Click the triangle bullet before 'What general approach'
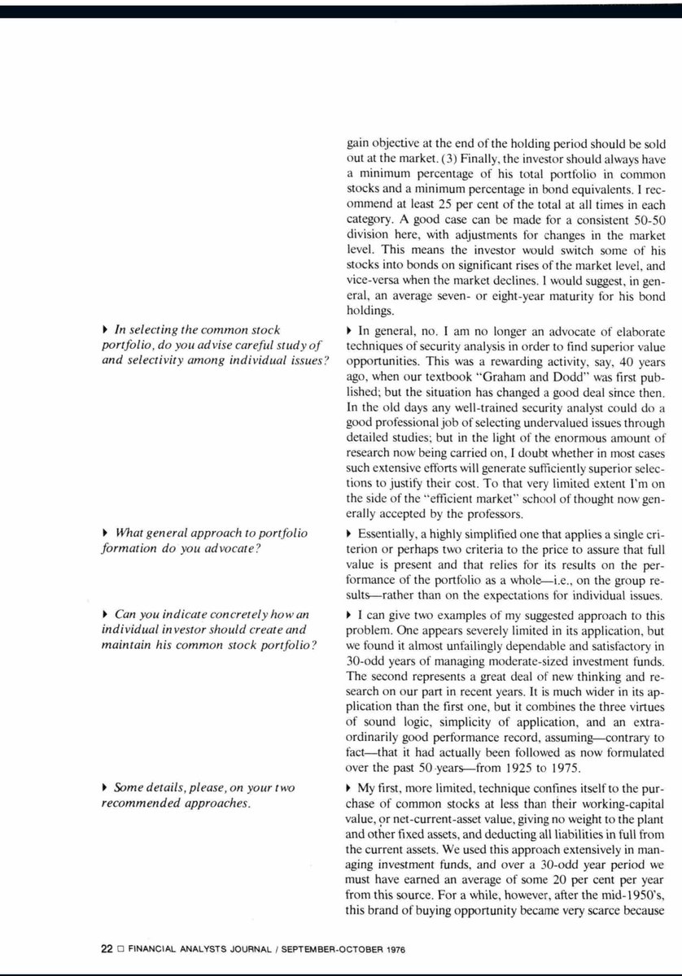[x=107, y=533]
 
